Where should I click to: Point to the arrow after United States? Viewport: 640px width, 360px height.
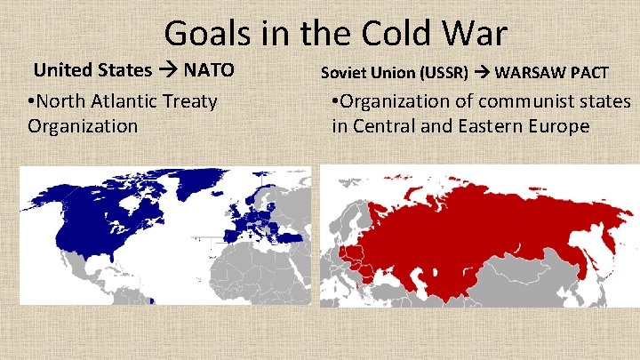click(x=167, y=69)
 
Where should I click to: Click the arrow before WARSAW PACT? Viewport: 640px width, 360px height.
click(x=481, y=71)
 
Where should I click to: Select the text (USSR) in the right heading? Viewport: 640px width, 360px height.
click(x=447, y=71)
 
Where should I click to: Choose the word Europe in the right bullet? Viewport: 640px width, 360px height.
click(x=559, y=126)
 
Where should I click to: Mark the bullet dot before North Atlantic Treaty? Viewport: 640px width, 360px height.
click(x=32, y=101)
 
